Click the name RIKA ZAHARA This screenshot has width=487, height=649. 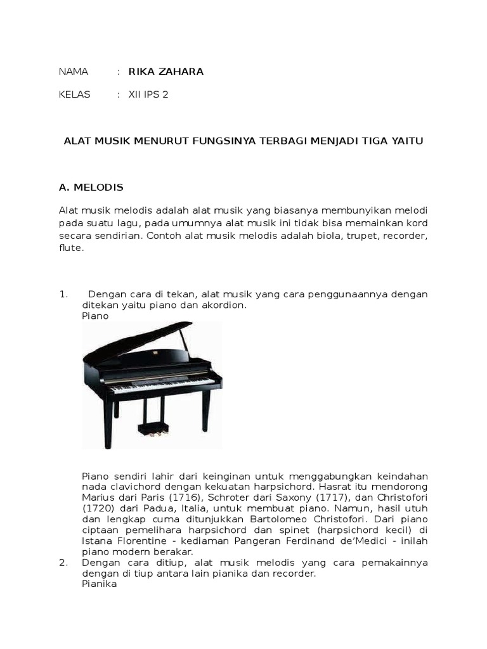(166, 72)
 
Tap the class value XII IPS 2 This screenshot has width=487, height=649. (148, 94)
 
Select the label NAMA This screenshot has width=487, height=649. (73, 72)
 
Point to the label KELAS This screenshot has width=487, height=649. (74, 94)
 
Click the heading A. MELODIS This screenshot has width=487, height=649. (91, 188)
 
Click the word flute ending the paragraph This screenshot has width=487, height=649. (71, 248)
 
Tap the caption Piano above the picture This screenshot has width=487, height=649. (95, 316)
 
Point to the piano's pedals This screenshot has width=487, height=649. (152, 429)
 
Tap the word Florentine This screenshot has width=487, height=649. (144, 541)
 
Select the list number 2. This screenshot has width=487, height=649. (63, 562)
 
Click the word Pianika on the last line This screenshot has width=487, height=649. (100, 584)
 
